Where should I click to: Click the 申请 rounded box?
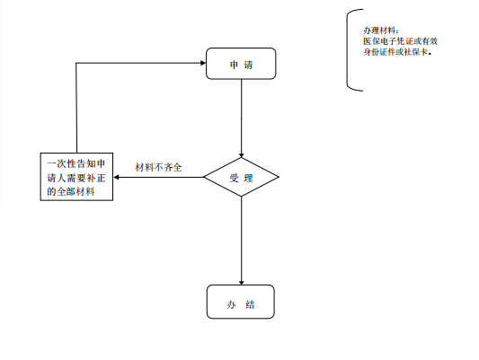tap(241, 64)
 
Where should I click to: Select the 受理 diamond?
tap(241, 177)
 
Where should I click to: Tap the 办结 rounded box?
tap(241, 302)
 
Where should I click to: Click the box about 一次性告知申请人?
tap(76, 177)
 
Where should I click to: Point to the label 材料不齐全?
tap(158, 167)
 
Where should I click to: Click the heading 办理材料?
tap(381, 31)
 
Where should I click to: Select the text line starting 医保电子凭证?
tap(401, 41)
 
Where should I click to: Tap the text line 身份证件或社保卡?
tap(397, 52)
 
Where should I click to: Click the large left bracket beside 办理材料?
tap(347, 50)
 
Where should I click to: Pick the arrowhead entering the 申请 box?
tap(203, 63)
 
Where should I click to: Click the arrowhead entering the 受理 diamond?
tap(242, 155)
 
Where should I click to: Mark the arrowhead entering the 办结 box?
tap(242, 283)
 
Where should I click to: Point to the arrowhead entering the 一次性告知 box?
tap(116, 177)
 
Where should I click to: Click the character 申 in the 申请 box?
tap(234, 65)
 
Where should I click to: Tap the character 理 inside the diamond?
tap(249, 178)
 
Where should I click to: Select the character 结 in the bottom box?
tap(250, 304)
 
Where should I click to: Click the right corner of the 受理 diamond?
tap(279, 177)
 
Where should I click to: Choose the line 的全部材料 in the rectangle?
tap(71, 191)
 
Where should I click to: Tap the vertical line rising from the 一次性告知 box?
tap(76, 108)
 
